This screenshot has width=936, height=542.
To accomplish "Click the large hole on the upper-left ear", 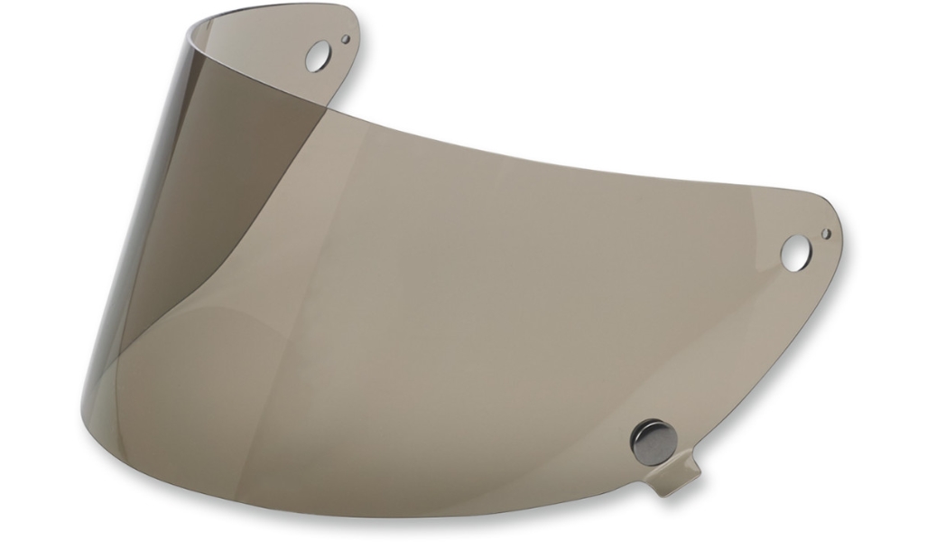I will pos(317,57).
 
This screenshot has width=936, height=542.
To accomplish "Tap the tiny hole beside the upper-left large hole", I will pos(346,39).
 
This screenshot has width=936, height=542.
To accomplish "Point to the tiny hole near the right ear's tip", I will pos(825,233).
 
